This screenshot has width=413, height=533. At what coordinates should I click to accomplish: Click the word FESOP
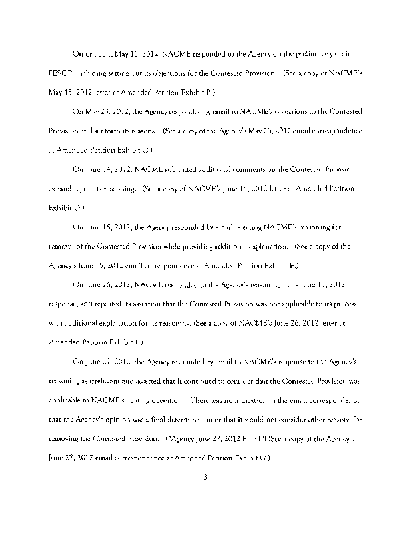pos(61,71)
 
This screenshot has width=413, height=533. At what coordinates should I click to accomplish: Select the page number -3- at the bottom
pos(206,478)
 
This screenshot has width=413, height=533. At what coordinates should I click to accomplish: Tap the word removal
pos(64,246)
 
